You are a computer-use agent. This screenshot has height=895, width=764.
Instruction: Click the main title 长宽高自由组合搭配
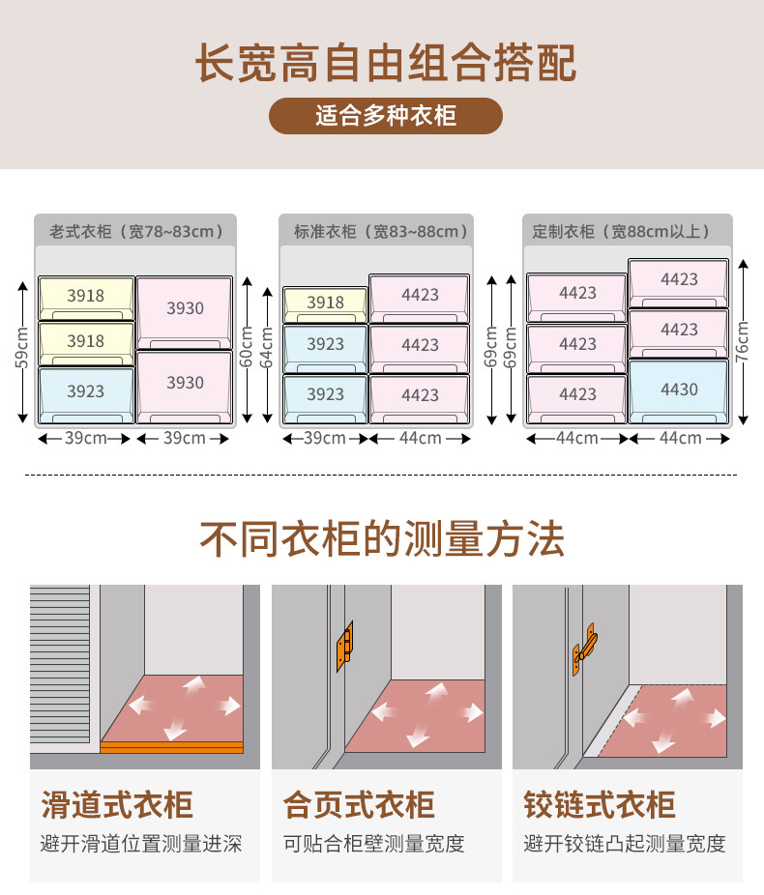pos(385,61)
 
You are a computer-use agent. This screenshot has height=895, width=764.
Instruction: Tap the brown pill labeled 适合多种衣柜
pos(385,116)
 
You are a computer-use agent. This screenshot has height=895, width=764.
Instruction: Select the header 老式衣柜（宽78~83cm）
pos(136,231)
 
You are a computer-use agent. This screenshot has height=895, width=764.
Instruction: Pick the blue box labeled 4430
pos(679,390)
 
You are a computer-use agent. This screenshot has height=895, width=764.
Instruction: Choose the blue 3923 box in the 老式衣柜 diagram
pos(86,392)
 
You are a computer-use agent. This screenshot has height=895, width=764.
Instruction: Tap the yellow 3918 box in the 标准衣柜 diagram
pos(325,303)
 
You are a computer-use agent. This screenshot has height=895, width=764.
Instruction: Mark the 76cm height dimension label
pos(743,338)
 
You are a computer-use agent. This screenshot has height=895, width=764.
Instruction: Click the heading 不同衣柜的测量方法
pos(382,538)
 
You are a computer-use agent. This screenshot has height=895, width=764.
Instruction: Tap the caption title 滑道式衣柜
pos(117,804)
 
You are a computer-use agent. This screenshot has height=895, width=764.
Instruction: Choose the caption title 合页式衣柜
pos(359,804)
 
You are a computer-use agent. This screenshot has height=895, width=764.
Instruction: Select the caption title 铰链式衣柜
pos(600,804)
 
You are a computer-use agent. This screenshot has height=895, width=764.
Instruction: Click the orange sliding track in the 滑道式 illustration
pos(171,747)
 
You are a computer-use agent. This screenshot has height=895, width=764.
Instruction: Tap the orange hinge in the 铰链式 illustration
pos(584,650)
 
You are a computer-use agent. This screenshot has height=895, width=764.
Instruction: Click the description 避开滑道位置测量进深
pos(141,844)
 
